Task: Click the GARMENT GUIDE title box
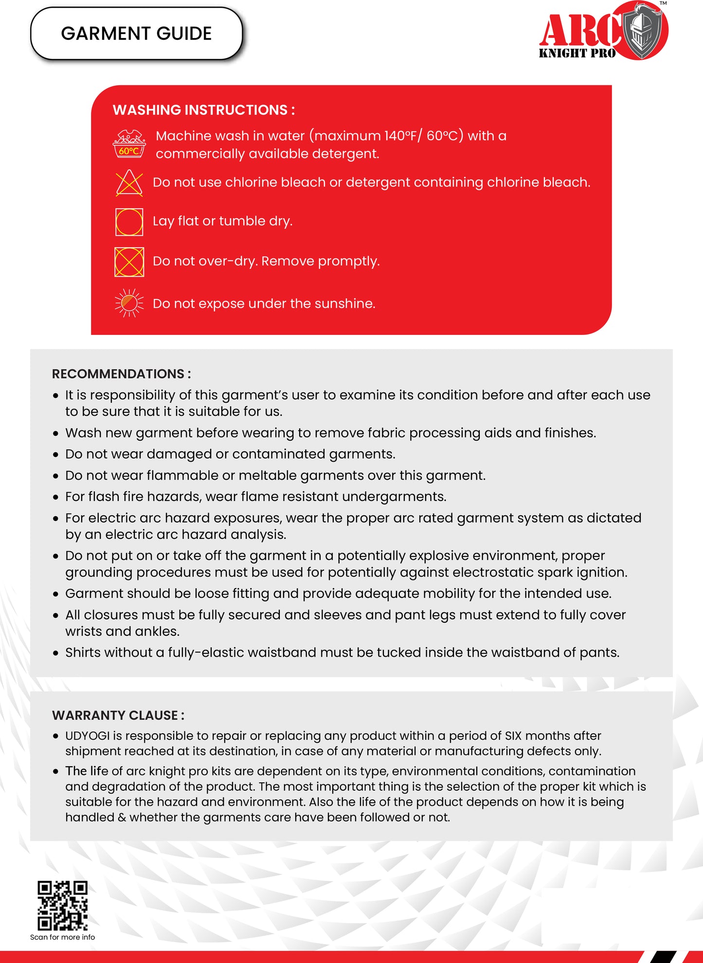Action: [136, 34]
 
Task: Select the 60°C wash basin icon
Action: [129, 144]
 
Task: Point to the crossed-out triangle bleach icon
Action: [129, 183]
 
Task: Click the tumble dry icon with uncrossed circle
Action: [129, 222]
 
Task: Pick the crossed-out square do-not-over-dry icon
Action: [129, 262]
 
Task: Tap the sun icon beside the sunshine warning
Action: [129, 303]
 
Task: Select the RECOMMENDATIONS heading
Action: [121, 374]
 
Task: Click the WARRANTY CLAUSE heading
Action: [118, 715]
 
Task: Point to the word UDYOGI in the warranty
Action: [88, 736]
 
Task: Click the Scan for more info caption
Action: [63, 937]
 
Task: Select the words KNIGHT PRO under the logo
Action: [577, 54]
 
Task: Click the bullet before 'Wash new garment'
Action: [56, 433]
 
